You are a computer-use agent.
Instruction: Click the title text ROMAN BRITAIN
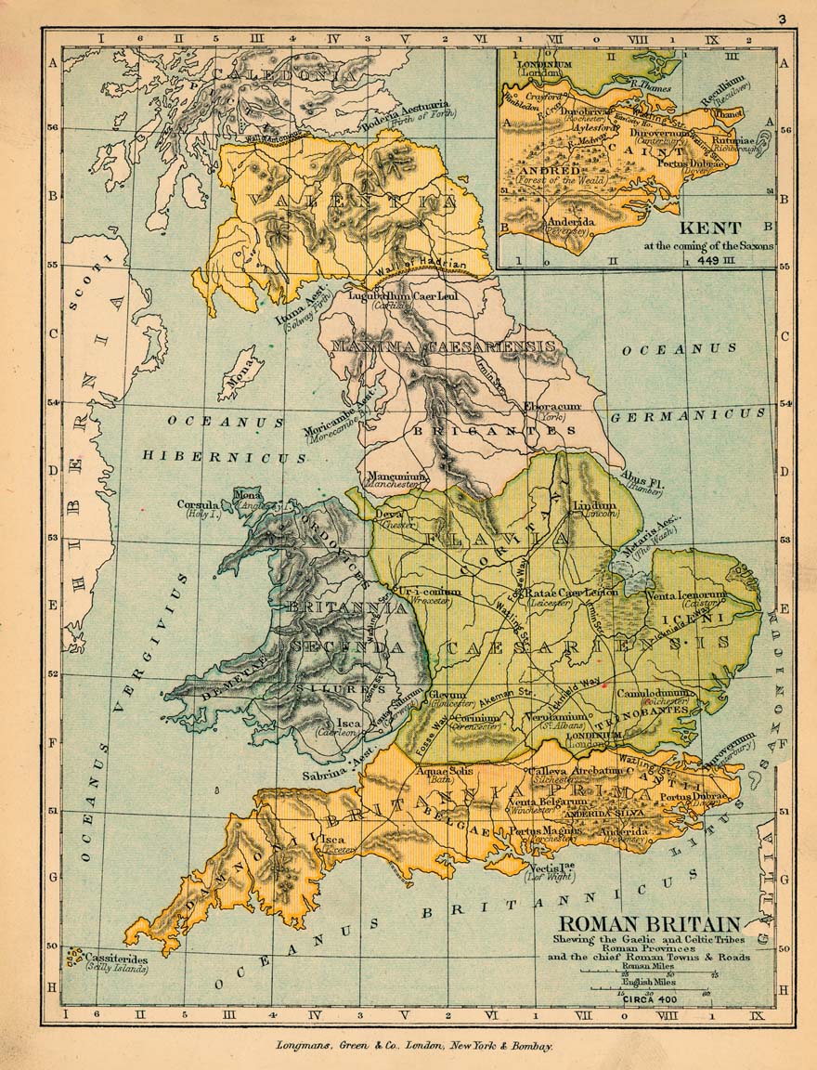point(650,924)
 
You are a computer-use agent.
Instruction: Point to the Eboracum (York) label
point(551,411)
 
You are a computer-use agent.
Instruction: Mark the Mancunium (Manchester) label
point(396,480)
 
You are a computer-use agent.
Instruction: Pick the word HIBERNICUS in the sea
point(226,456)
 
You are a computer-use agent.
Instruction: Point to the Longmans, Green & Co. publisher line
point(414,1045)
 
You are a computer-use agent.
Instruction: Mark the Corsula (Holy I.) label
point(199,508)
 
